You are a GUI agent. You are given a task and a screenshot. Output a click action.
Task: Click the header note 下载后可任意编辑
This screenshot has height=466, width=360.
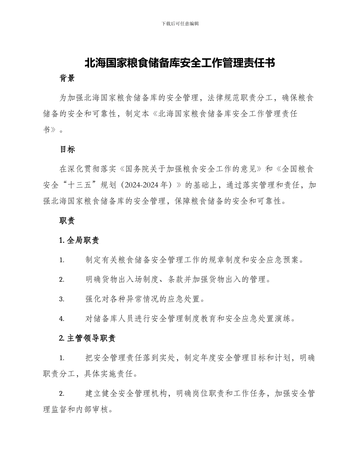coord(180,23)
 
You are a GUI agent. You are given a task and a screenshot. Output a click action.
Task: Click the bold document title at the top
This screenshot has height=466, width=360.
coord(180,63)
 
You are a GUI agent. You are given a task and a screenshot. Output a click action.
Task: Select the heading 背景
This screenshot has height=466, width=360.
coord(67,78)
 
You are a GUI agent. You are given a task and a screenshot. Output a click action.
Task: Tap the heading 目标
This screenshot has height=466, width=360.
coord(67,149)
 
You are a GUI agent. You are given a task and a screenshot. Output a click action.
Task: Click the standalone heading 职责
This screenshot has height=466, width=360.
coord(67,220)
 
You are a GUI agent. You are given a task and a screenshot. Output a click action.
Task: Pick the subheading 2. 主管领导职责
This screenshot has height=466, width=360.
coord(88,339)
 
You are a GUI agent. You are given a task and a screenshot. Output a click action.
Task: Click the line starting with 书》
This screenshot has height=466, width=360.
coord(53,130)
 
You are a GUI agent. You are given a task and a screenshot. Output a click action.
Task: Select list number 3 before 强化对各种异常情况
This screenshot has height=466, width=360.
coord(61,299)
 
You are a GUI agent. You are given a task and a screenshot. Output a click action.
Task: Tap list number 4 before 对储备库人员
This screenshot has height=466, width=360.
coord(61,319)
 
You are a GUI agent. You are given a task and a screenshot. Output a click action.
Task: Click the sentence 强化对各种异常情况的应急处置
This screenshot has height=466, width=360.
coord(145,299)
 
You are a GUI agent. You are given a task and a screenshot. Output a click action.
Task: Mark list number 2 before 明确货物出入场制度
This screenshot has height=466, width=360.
coord(61,280)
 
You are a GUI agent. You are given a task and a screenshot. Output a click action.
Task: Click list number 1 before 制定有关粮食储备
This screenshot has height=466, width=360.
coord(61,260)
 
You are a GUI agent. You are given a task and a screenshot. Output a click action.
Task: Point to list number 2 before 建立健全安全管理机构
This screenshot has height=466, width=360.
coord(61,394)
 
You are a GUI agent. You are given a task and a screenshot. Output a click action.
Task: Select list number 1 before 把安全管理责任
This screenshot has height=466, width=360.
coord(61,358)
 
